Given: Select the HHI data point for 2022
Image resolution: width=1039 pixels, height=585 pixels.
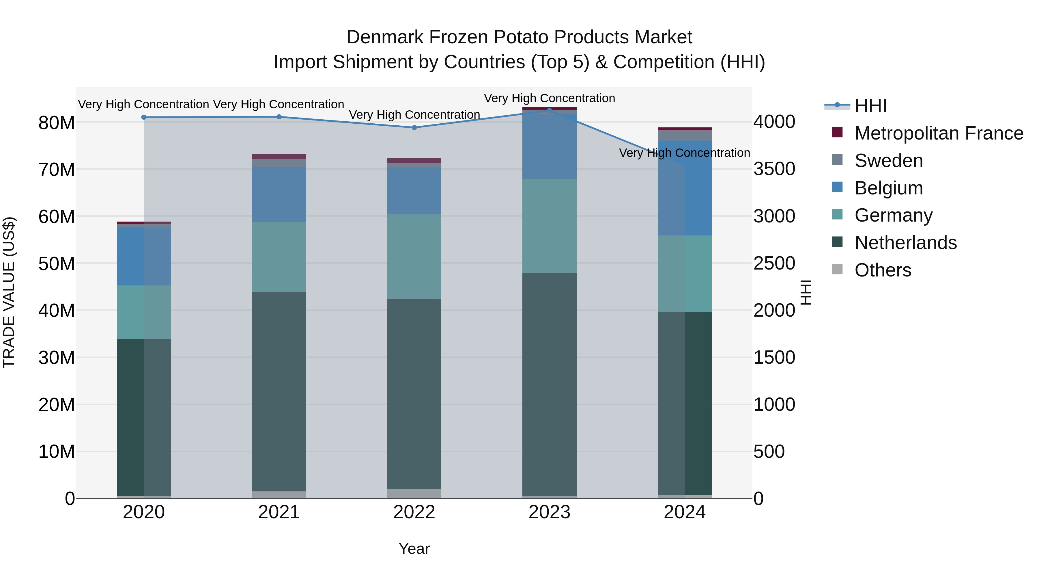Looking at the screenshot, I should pos(414,128).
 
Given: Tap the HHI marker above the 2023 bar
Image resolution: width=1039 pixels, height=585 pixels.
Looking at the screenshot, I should pos(549,110).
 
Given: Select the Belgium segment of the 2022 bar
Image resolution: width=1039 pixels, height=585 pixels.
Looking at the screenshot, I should pos(414,191).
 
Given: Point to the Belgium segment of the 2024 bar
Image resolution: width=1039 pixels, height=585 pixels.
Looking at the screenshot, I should pos(685,188).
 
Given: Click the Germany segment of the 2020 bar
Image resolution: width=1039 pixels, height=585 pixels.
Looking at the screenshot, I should pos(144,312).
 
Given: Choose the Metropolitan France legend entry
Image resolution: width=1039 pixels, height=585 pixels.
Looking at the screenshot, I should pos(939,133).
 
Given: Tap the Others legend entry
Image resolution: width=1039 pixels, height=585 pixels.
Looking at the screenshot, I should pos(883,270).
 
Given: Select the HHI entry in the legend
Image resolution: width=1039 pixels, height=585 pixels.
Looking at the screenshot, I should pos(870,106).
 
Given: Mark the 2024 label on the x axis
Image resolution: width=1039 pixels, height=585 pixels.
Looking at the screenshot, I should pos(685,512).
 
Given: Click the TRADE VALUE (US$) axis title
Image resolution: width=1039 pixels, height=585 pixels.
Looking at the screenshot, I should pos(9,292).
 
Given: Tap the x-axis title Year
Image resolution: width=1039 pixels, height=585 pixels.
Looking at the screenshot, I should pos(414,549).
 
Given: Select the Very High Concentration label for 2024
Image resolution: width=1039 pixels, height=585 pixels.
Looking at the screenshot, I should pos(685,153).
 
